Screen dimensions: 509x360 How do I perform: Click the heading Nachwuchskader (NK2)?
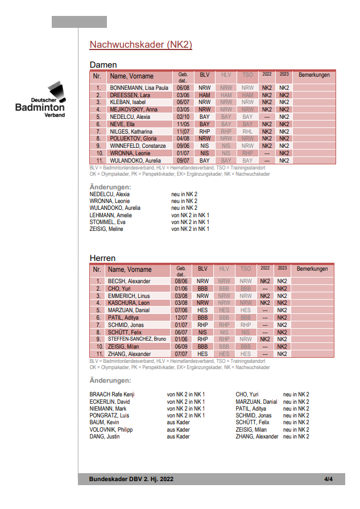tap(141, 45)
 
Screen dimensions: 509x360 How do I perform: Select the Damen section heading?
tap(104, 65)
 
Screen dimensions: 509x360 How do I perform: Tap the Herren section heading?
tap(103, 258)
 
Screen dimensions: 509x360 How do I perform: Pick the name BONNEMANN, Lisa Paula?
tap(139, 88)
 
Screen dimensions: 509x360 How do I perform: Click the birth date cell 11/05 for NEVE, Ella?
tap(183, 124)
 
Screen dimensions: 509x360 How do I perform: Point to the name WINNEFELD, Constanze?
tap(138, 146)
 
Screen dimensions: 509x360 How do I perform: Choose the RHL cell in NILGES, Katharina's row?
tap(247, 131)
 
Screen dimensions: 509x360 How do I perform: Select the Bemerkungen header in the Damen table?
tap(314, 75)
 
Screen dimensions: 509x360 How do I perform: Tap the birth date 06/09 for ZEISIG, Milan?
tap(181, 346)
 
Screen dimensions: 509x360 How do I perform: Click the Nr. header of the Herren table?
tap(97, 269)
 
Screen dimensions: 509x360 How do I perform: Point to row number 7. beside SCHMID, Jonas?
tap(98, 325)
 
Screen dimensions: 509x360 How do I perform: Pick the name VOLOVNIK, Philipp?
tap(111, 429)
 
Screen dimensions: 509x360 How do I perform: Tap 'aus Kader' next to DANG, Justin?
tap(178, 436)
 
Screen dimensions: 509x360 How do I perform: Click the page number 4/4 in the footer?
tap(328, 479)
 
